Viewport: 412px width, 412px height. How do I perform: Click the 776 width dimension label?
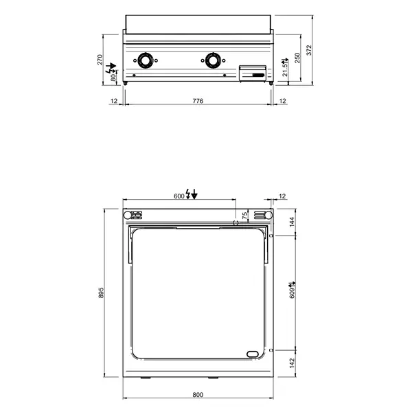198,101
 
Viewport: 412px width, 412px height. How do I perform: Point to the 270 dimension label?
101,59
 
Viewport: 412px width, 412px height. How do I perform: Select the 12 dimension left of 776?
115,101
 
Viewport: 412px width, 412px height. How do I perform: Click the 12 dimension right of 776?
283,101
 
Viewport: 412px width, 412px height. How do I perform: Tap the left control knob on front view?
146,60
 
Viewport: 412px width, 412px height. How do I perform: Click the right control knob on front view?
213,60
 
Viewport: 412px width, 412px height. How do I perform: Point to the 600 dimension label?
179,196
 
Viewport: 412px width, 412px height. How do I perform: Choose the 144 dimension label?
292,222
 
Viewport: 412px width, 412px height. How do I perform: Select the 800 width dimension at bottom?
198,395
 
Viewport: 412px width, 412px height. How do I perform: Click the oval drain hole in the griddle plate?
253,354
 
